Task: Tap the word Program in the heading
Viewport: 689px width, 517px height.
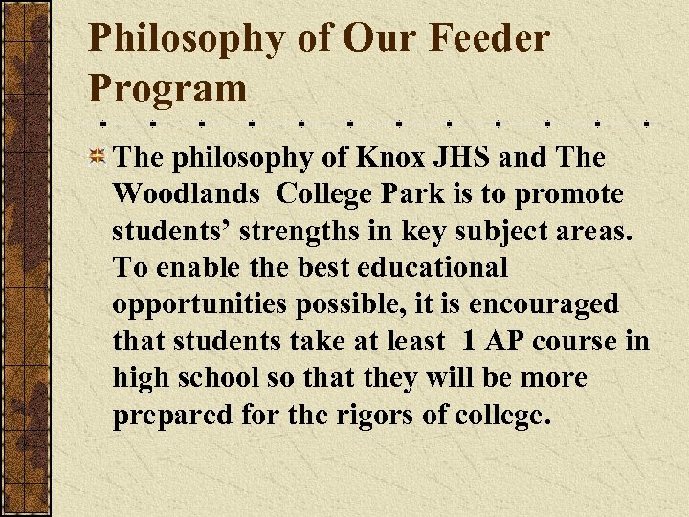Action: point(167,89)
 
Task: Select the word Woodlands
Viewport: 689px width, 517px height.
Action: point(186,194)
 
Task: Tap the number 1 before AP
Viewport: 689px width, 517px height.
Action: point(470,341)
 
